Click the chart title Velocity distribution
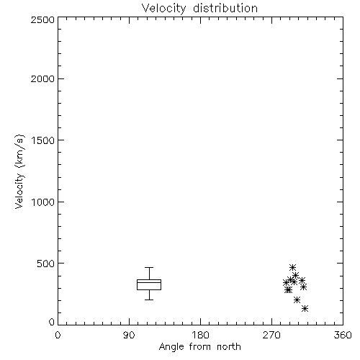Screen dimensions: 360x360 point(199,9)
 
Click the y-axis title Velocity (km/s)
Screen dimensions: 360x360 point(19,171)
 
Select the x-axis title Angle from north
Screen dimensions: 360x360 point(199,347)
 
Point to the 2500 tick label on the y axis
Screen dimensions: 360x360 point(42,19)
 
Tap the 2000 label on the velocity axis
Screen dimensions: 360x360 point(42,78)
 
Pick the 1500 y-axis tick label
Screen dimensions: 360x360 point(43,140)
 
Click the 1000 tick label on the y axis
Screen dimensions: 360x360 point(43,202)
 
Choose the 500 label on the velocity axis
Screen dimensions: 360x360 point(46,264)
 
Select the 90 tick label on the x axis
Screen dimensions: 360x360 point(129,335)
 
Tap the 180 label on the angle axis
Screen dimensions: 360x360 point(200,335)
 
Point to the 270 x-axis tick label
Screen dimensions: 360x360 point(271,335)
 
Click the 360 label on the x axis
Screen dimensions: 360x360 point(343,335)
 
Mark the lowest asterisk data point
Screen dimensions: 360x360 point(305,309)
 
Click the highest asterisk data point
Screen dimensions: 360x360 point(292,267)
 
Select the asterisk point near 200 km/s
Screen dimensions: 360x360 point(297,300)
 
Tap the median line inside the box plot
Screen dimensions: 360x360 point(149,282)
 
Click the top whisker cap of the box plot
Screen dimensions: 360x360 point(149,267)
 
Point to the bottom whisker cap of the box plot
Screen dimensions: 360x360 point(149,300)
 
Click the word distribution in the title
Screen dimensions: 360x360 point(225,9)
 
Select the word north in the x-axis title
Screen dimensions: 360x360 point(229,347)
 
